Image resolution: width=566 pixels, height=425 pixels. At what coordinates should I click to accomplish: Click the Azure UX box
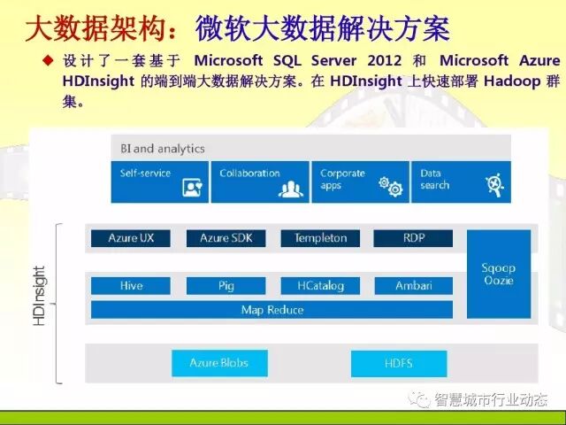click(131, 238)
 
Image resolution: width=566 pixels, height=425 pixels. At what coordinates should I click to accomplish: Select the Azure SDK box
click(226, 238)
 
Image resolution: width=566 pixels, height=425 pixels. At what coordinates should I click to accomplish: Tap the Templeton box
click(320, 238)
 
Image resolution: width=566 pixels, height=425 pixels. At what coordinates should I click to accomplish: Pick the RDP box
click(413, 238)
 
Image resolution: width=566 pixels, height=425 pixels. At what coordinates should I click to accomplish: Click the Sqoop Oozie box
click(499, 274)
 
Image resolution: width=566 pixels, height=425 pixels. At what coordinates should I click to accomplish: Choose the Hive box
click(131, 286)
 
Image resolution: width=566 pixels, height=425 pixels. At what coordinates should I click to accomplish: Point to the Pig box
click(226, 286)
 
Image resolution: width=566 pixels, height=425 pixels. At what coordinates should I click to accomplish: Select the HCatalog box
click(320, 286)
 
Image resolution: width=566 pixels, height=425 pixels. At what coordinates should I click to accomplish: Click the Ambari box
click(413, 286)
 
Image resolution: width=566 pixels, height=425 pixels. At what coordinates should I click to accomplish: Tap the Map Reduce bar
click(272, 310)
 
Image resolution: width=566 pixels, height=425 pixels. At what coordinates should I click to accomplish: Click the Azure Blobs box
click(218, 363)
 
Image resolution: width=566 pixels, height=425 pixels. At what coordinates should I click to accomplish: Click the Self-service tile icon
click(192, 187)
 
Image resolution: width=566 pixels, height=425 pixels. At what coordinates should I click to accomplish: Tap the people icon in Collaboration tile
click(291, 188)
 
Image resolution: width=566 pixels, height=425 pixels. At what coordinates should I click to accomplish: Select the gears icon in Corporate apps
click(389, 186)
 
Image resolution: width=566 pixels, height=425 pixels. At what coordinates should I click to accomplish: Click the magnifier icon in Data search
click(493, 186)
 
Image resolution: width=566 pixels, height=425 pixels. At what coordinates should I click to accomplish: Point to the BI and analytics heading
click(157, 149)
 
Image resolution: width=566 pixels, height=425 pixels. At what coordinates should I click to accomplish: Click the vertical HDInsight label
click(40, 296)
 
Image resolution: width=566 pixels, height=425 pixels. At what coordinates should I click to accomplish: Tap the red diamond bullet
click(50, 61)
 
